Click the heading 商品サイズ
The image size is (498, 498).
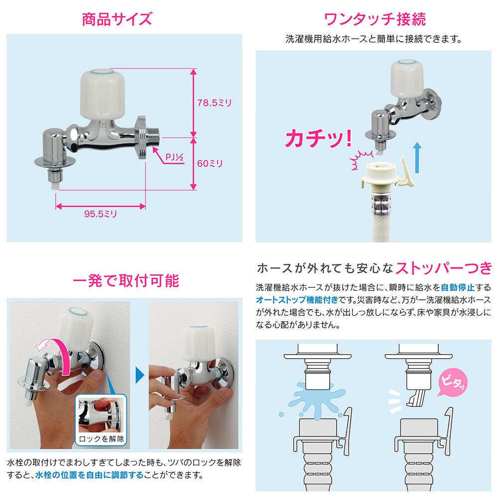(x=117, y=19)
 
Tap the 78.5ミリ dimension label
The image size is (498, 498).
(x=215, y=103)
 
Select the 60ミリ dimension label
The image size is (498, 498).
(x=210, y=163)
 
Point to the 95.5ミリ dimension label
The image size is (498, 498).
(x=101, y=214)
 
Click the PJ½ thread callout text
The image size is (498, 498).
(x=174, y=157)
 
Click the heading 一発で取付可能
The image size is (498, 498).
(x=126, y=281)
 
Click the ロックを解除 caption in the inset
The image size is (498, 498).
(x=101, y=439)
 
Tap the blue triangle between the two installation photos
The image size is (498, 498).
(x=140, y=375)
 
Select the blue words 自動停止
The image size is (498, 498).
(x=458, y=287)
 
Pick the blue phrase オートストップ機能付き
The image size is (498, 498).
(x=297, y=300)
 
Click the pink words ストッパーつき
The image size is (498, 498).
(x=444, y=269)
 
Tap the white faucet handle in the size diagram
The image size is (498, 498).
(x=102, y=93)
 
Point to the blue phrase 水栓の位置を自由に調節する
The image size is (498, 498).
(x=89, y=475)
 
